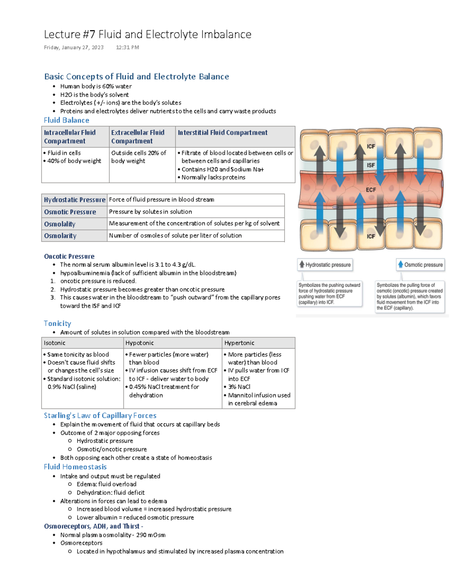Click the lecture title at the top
point(147,34)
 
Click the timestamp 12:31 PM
point(127,48)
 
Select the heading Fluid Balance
point(66,120)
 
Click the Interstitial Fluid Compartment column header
point(222,133)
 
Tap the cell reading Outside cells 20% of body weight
point(138,157)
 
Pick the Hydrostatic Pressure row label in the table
point(75,200)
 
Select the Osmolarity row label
point(60,236)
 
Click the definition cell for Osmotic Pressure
point(150,212)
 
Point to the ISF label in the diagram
point(371,165)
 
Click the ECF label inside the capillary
point(371,190)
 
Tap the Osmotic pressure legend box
point(420,265)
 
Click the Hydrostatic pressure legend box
point(325,265)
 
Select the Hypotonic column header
point(139,343)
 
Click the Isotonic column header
point(54,343)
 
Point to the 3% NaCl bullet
point(239,387)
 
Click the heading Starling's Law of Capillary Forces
point(100,416)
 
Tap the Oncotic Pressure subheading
point(69,256)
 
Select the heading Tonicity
point(57,323)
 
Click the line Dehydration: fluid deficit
point(110,492)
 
